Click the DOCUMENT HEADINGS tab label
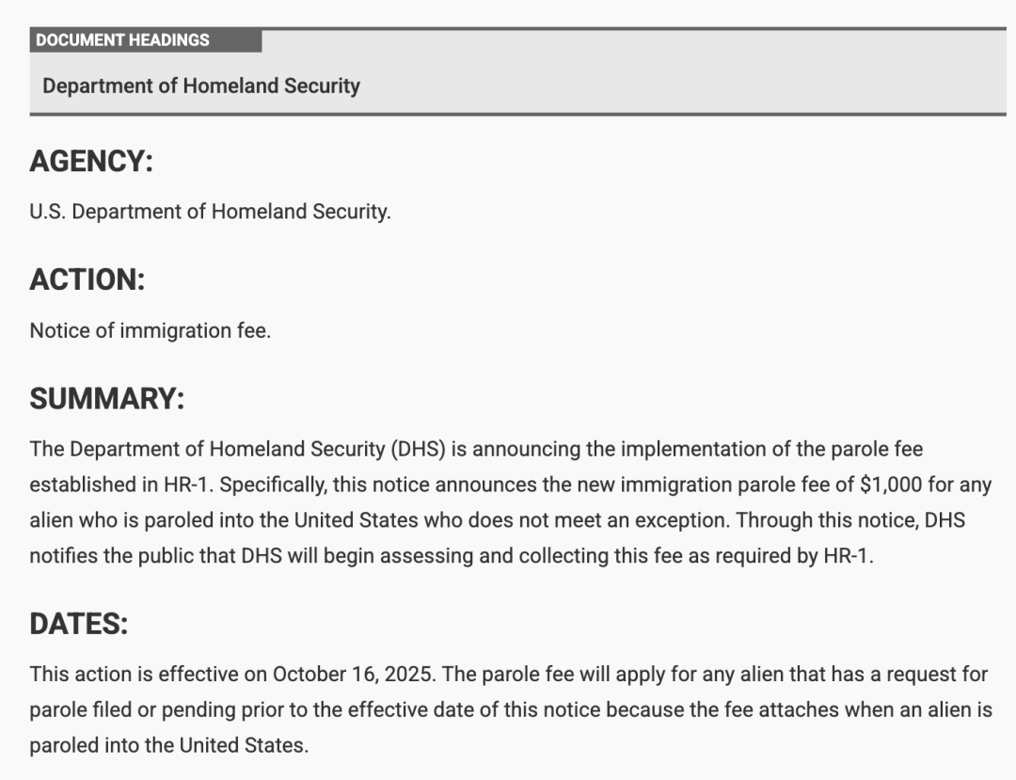tap(122, 40)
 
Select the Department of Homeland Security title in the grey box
tap(201, 86)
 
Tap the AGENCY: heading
tap(90, 162)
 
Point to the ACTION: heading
tap(87, 279)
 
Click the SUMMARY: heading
tap(106, 399)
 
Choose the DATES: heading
tap(78, 624)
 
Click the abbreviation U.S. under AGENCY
tap(48, 212)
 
